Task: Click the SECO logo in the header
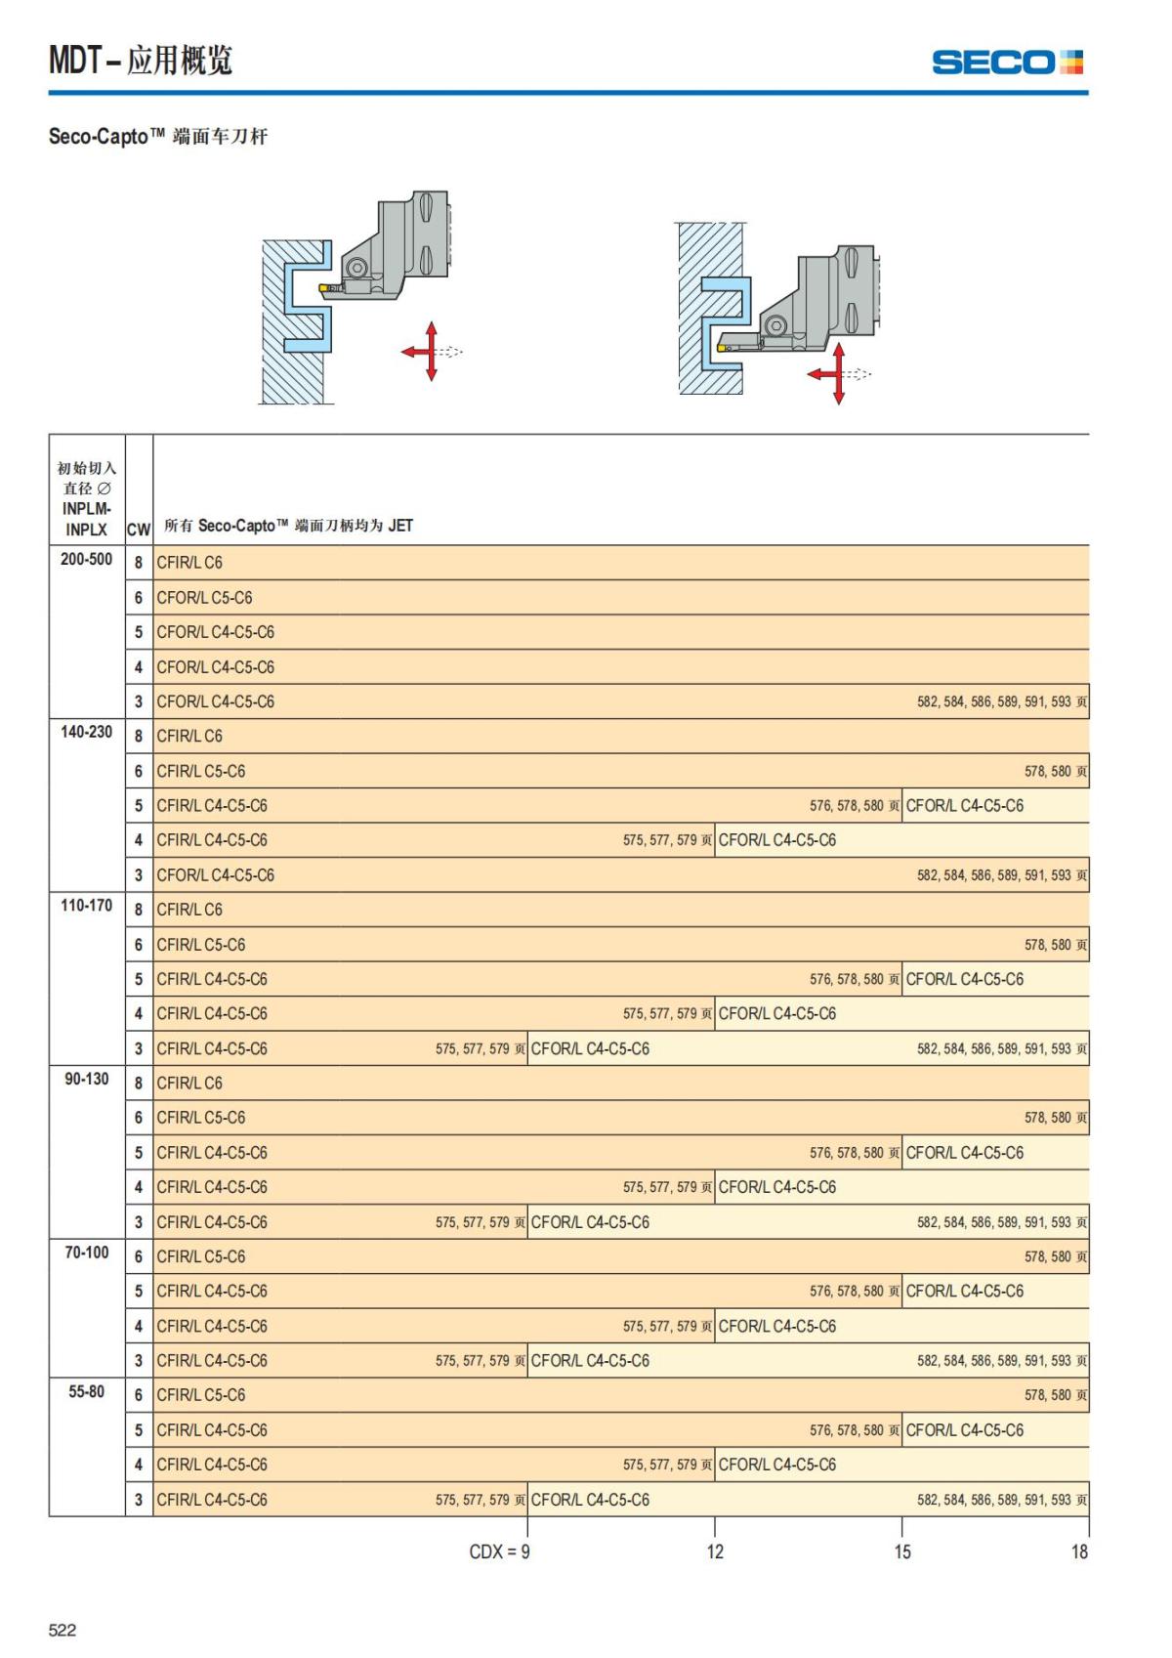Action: (1007, 63)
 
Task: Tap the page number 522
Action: (63, 1629)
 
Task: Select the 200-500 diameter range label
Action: (86, 560)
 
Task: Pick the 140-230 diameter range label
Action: (86, 732)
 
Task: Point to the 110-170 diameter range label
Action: (86, 906)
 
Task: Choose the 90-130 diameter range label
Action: (86, 1079)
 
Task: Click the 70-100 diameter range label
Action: (86, 1253)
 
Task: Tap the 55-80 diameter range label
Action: (86, 1391)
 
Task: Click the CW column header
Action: (139, 530)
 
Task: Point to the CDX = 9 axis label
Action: (499, 1552)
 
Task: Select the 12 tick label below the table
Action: (715, 1552)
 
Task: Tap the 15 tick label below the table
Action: (901, 1552)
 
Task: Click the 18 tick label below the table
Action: (1078, 1552)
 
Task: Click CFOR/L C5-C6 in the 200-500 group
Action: (204, 598)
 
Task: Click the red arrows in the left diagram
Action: (431, 351)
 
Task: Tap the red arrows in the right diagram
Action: (837, 373)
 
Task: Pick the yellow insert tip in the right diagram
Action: (722, 347)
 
